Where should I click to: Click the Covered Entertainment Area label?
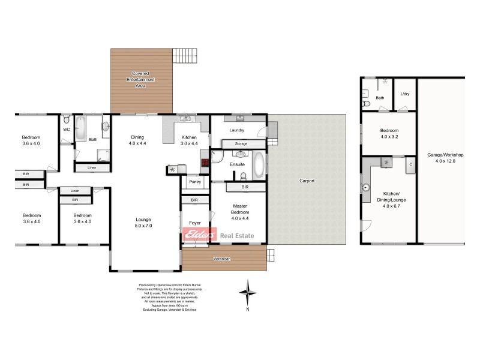coord(140,79)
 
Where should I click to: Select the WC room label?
coord(66,129)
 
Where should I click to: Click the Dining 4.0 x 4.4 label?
coord(137,140)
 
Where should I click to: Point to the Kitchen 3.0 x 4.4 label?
coord(189,140)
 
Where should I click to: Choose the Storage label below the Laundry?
coord(241,144)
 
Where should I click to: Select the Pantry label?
coord(194,182)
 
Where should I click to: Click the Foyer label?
coord(194,222)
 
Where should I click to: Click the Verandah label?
coord(222,259)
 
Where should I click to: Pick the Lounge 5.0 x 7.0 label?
coord(143,222)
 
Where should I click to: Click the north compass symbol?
coord(248,293)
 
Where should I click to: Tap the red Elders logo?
coord(199,235)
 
